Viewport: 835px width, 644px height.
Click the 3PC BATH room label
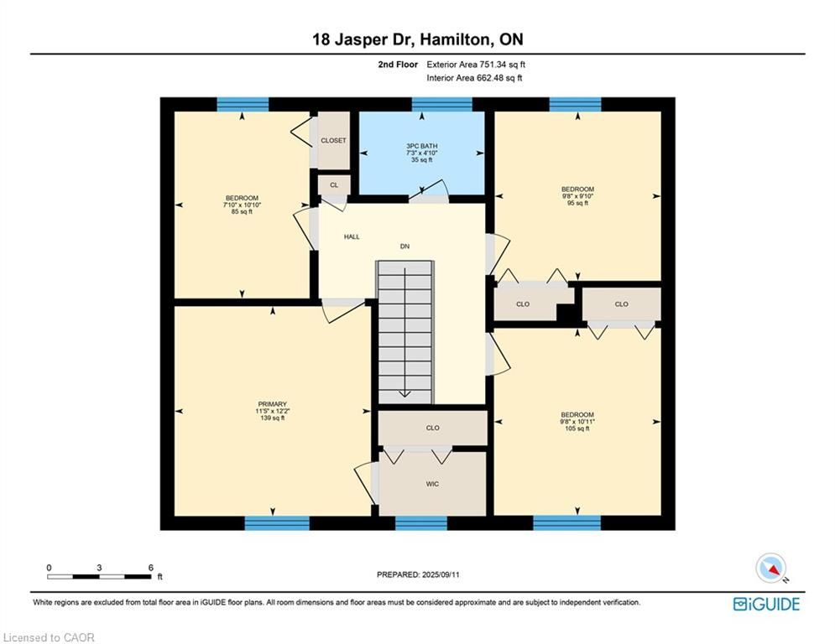pos(422,146)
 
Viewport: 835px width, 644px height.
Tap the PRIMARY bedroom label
pos(272,404)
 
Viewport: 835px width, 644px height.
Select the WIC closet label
pos(432,484)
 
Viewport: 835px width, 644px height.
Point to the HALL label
pos(352,236)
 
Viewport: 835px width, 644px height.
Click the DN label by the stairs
pos(404,247)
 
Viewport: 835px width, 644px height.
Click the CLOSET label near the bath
pos(333,141)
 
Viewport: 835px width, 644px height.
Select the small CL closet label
pos(334,185)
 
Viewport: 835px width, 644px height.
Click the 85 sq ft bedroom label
pos(242,212)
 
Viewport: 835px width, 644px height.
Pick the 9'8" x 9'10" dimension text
pos(577,196)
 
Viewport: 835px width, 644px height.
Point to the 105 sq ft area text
pos(577,428)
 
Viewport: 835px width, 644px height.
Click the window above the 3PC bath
pos(442,104)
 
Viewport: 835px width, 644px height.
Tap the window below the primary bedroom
pos(277,522)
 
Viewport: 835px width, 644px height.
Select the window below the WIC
pos(421,522)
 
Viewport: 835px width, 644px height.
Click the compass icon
pos(771,569)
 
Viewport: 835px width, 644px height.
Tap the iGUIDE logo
pos(766,604)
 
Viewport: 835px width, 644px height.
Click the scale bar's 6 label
pos(151,568)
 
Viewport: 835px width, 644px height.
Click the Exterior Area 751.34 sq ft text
pos(476,65)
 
